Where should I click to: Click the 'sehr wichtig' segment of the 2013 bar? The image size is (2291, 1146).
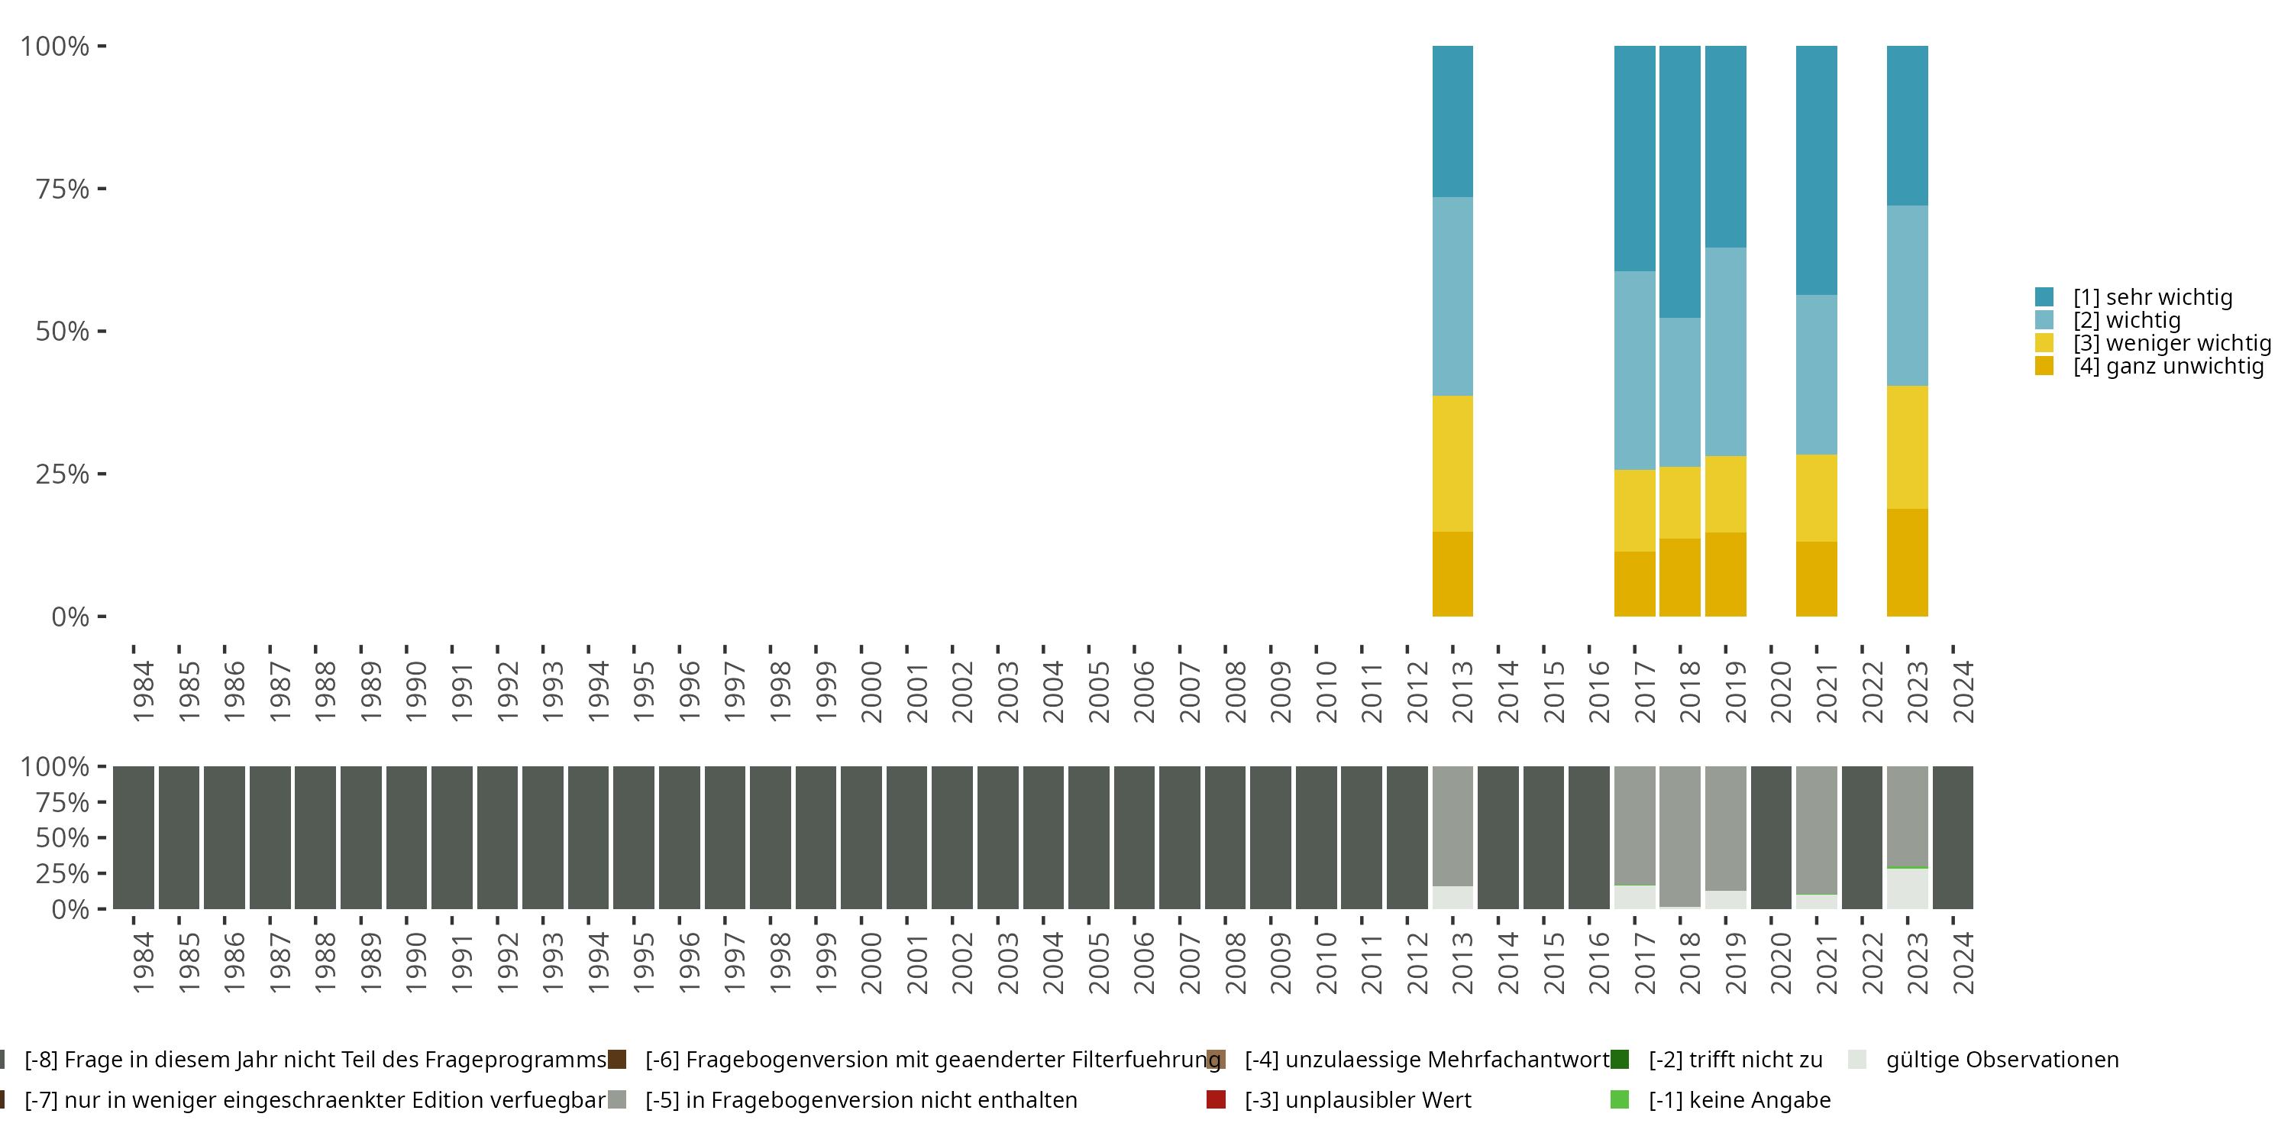(x=1452, y=121)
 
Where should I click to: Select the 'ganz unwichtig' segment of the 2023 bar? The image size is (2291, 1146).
(x=1907, y=562)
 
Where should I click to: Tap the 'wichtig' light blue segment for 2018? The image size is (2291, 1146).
(x=1679, y=393)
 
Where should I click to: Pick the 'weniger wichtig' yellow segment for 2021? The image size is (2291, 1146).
(x=1816, y=498)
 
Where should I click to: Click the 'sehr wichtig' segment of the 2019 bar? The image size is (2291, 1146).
(x=1725, y=147)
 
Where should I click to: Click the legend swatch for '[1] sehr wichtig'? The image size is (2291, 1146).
(x=2044, y=297)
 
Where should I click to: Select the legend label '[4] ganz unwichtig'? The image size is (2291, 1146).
(x=2168, y=366)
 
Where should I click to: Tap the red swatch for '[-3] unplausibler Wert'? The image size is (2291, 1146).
(x=1216, y=1099)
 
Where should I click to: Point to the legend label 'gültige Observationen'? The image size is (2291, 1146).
(x=2002, y=1060)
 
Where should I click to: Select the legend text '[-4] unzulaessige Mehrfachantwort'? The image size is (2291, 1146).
(x=1427, y=1060)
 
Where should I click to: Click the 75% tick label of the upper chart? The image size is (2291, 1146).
(x=63, y=189)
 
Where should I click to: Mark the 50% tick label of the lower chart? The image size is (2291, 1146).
(x=63, y=837)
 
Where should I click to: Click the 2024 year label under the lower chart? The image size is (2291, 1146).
(x=1963, y=963)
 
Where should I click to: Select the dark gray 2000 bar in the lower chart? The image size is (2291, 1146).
(x=861, y=837)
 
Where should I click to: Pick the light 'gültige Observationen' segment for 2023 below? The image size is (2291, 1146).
(x=1907, y=888)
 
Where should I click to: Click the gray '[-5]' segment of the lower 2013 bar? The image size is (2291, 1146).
(x=1452, y=826)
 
